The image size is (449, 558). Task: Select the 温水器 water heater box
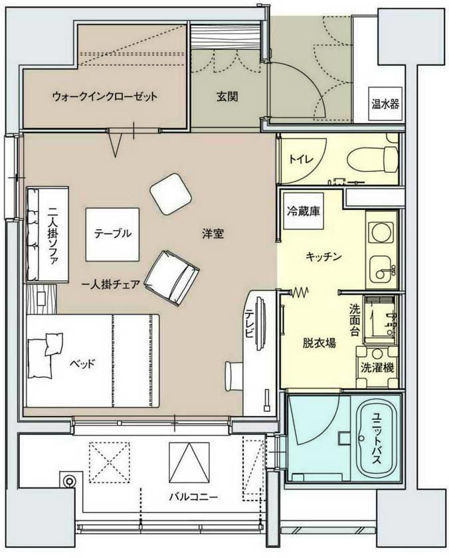coord(385,104)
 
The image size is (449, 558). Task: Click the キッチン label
coord(323,256)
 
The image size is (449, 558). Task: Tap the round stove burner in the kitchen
coord(381,233)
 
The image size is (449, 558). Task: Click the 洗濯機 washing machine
coord(375,367)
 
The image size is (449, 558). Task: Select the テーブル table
coord(112,234)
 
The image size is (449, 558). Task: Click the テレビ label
coord(248,324)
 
